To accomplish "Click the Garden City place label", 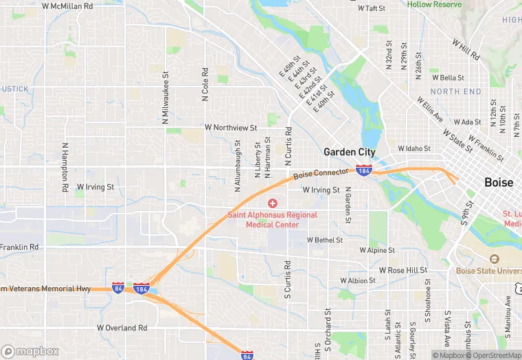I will (350, 152).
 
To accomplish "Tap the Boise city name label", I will (499, 183).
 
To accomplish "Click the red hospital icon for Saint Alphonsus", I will (273, 203).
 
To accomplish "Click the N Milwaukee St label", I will (166, 98).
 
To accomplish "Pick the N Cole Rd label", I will (205, 84).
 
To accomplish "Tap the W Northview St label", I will (231, 128).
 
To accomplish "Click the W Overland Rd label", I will (123, 328).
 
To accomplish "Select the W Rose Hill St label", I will (403, 271).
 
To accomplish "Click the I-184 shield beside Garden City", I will (363, 170).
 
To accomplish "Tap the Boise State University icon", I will (494, 258).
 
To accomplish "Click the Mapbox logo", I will (30, 351).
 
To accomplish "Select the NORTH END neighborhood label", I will (456, 91).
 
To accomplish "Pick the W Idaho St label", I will (414, 148).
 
